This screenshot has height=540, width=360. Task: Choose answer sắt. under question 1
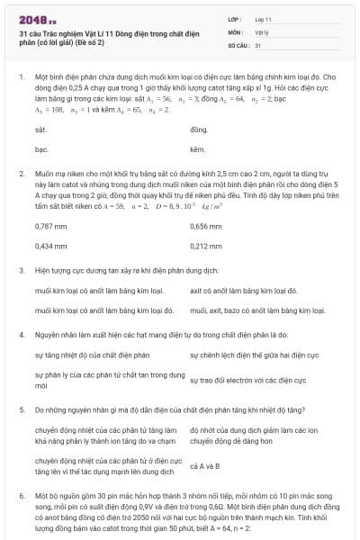(40, 130)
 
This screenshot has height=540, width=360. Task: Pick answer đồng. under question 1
(199, 130)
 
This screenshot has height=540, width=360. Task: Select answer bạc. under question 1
(41, 148)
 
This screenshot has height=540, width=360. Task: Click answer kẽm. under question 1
(198, 148)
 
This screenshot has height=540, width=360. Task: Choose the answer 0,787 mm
(50, 227)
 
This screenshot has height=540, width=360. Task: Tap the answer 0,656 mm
(206, 227)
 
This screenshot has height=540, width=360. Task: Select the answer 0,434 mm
(50, 245)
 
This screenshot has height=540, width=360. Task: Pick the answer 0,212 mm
(206, 245)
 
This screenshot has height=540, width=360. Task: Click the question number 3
(21, 269)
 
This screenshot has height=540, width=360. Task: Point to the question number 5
(21, 409)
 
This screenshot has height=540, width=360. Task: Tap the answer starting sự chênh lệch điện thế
(256, 355)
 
